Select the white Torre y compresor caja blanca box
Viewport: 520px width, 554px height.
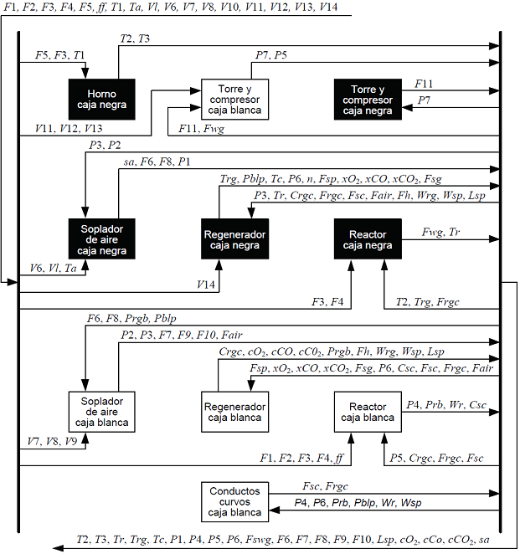click(234, 99)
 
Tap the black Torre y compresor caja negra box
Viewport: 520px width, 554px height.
click(368, 99)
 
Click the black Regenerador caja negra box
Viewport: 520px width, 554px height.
click(234, 239)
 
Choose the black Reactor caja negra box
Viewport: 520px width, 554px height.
click(368, 239)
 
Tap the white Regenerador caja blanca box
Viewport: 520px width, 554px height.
click(234, 411)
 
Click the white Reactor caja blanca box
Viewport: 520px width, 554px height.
click(368, 411)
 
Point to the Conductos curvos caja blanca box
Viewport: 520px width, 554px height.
click(234, 501)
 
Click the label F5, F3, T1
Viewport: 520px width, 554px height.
click(60, 54)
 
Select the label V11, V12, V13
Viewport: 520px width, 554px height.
click(69, 128)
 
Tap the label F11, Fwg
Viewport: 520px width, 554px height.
click(201, 128)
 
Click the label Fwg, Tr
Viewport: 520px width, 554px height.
click(440, 231)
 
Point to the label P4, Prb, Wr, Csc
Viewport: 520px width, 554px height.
click(445, 404)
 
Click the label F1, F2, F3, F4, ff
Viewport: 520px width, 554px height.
click(301, 457)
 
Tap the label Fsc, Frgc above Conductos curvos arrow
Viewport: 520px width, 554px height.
click(325, 485)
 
